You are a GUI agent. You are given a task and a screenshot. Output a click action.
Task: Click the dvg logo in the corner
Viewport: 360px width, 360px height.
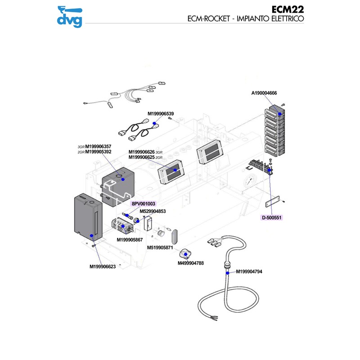pos(70,16)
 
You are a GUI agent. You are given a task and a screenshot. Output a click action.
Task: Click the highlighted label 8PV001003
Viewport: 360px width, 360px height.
pos(143,204)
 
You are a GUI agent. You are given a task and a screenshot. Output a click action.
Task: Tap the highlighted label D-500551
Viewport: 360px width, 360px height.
pos(271,217)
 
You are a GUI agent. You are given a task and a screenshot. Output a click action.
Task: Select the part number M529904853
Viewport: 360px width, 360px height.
pos(153,211)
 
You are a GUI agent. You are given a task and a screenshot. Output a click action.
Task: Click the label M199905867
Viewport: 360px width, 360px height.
pos(130,239)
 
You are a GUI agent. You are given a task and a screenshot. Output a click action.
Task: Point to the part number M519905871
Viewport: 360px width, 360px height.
pos(160,247)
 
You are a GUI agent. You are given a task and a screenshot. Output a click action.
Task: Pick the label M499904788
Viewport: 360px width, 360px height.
pos(191,263)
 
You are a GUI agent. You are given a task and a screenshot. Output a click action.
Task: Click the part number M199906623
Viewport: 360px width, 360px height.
pos(103,266)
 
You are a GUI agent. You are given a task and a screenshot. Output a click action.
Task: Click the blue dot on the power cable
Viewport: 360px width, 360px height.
pos(228,273)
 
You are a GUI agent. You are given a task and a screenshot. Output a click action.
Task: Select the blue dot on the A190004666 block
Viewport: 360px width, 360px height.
pos(280,114)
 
